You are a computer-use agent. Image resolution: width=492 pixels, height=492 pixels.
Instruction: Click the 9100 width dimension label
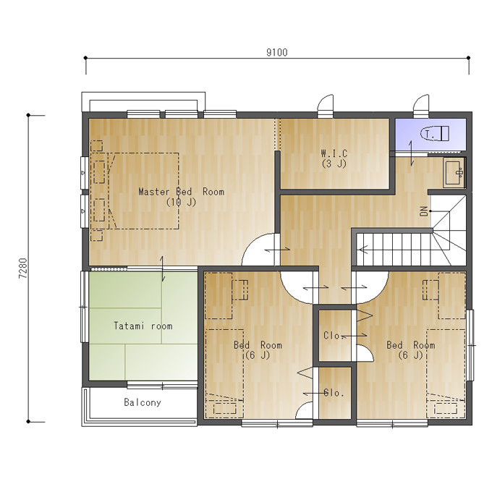tap(276, 52)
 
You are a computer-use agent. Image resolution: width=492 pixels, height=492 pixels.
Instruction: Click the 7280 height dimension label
tap(23, 268)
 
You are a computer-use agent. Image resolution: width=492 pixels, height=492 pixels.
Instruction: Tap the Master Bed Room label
tap(182, 192)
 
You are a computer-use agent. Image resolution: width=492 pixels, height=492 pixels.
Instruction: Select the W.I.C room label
tap(334, 153)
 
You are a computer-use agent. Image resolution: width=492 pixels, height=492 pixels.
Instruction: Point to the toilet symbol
tap(435, 134)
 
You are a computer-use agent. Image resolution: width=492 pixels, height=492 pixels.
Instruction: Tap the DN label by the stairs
tap(423, 211)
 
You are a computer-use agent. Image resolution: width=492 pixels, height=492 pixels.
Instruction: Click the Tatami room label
tap(143, 326)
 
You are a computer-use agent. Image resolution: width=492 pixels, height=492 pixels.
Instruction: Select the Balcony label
tap(143, 402)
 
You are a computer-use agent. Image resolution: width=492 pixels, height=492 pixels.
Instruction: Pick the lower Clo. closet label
tap(334, 393)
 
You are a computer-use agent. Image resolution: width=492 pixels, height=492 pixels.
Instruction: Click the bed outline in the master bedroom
tap(143, 191)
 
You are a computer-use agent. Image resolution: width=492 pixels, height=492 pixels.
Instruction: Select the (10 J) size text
tap(182, 202)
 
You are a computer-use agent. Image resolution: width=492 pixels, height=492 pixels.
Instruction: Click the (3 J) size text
tap(334, 164)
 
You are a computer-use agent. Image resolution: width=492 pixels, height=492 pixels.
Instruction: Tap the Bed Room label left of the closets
tap(258, 345)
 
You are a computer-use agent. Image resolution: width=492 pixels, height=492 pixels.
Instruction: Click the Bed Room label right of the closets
tap(411, 345)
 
